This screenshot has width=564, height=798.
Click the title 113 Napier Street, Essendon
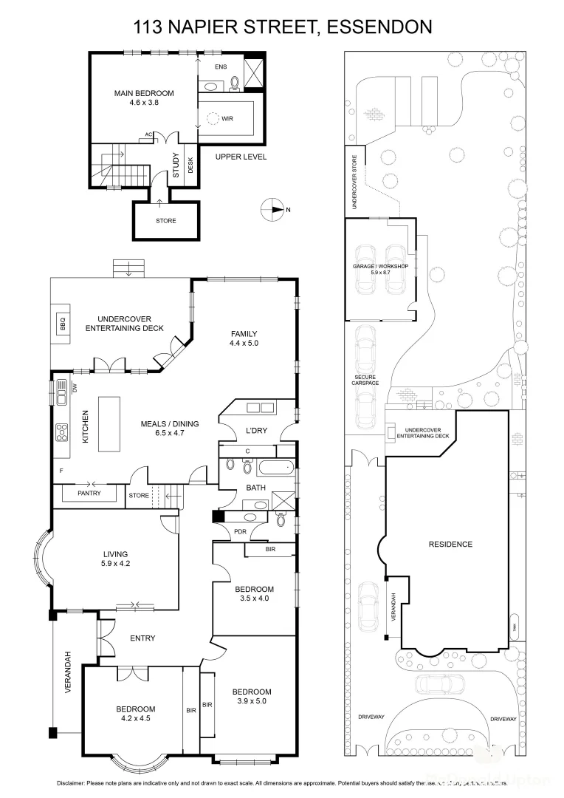(x=282, y=28)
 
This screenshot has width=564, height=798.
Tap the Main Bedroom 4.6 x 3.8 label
(x=144, y=98)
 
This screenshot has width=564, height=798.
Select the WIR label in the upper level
(x=227, y=117)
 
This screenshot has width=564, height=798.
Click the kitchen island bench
(x=110, y=423)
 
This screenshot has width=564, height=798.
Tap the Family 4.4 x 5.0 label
(x=244, y=338)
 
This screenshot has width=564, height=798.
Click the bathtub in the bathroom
(x=274, y=466)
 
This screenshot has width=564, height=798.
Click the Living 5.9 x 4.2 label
(x=116, y=559)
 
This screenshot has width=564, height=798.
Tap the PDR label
(x=240, y=531)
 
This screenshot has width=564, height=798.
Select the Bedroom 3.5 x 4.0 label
(x=255, y=593)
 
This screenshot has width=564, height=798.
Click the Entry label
(x=142, y=638)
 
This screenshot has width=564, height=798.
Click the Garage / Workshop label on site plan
(x=381, y=267)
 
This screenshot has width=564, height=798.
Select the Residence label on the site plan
(x=450, y=545)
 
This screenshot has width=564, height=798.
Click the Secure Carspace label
(x=365, y=380)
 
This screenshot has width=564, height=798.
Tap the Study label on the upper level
(x=176, y=165)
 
